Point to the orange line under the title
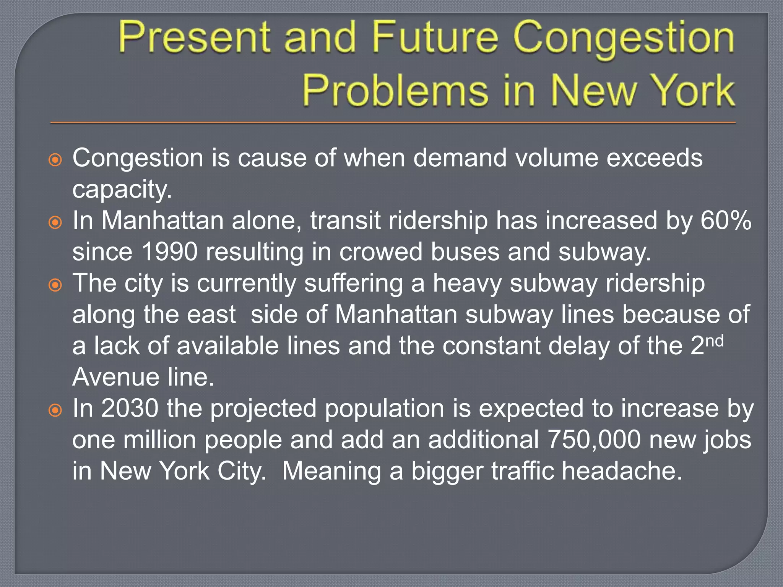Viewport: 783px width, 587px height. click(x=393, y=123)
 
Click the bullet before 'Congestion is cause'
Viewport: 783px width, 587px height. click(x=55, y=160)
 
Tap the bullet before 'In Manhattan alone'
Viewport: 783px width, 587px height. click(x=55, y=222)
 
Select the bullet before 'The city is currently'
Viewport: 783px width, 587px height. click(x=55, y=285)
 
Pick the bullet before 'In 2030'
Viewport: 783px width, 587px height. click(x=55, y=410)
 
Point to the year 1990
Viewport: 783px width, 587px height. click(x=169, y=252)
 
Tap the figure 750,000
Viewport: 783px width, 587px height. click(x=594, y=440)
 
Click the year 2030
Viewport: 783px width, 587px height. click(x=130, y=409)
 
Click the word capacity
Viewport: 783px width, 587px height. click(x=122, y=190)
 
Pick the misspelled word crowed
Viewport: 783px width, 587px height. click(x=380, y=252)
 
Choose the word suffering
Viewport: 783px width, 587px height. click(x=354, y=284)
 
